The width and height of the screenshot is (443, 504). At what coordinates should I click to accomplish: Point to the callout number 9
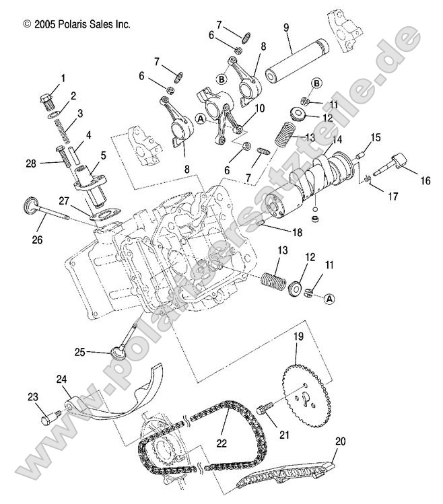286,28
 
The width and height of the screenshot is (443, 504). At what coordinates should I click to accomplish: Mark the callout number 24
62,380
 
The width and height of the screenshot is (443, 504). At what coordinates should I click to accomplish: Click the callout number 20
341,441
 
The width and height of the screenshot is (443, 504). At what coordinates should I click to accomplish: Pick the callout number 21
283,435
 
